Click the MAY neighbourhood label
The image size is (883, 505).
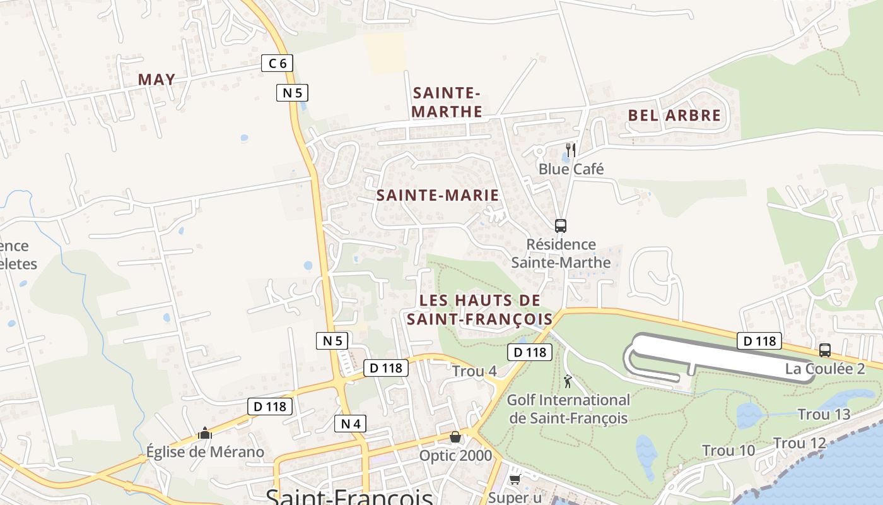click(156, 80)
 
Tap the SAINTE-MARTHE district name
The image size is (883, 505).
click(447, 102)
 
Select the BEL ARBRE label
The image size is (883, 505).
click(674, 116)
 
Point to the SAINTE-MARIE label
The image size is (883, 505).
click(438, 196)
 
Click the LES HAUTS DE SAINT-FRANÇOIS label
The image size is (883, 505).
click(479, 309)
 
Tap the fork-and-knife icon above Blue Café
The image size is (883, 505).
click(570, 150)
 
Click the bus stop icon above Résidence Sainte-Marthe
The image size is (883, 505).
click(560, 225)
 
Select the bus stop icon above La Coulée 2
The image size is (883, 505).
click(824, 350)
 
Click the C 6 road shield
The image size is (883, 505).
click(277, 63)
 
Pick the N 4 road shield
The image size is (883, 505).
click(350, 424)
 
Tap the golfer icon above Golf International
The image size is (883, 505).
click(568, 381)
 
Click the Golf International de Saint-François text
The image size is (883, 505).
click(568, 408)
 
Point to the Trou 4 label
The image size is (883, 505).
click(474, 371)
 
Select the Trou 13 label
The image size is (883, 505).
click(824, 415)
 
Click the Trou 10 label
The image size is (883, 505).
click(728, 451)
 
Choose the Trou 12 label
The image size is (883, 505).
click(799, 444)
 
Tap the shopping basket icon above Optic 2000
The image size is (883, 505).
click(455, 437)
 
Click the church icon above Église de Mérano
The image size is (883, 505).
click(204, 433)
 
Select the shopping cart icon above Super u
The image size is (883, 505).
click(515, 480)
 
